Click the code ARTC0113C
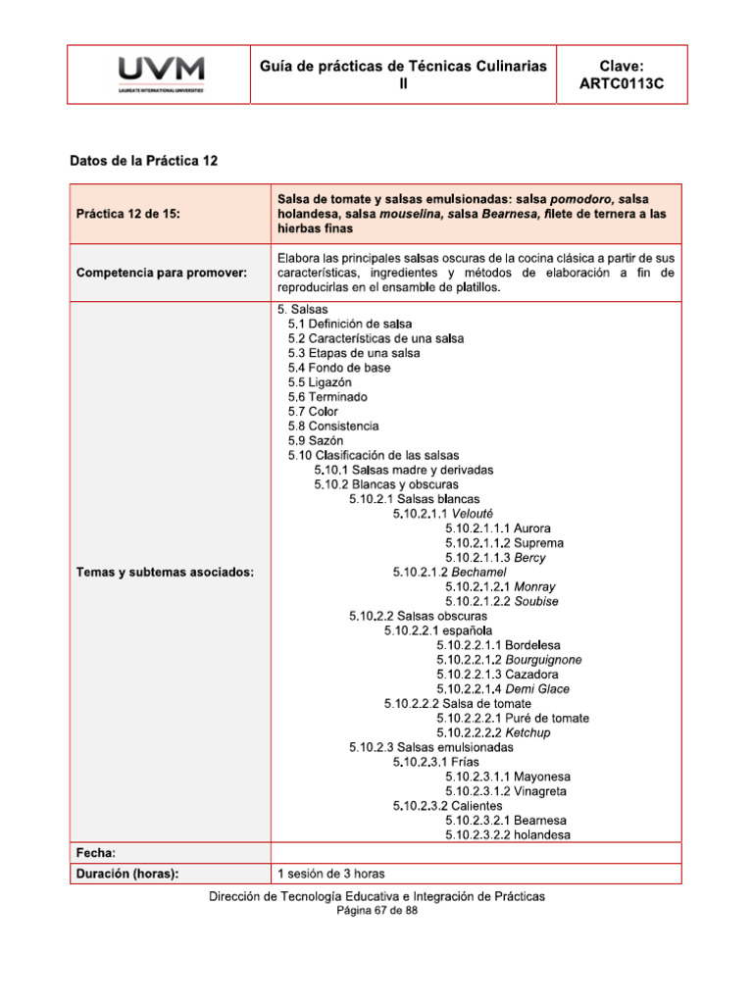622,84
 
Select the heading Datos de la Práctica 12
143,160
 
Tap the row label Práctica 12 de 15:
127,213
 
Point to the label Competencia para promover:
161,272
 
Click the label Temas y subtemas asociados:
165,572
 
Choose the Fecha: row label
96,853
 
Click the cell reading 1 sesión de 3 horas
338,873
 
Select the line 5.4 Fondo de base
338,368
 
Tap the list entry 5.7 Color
313,412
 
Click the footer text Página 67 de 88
376,911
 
